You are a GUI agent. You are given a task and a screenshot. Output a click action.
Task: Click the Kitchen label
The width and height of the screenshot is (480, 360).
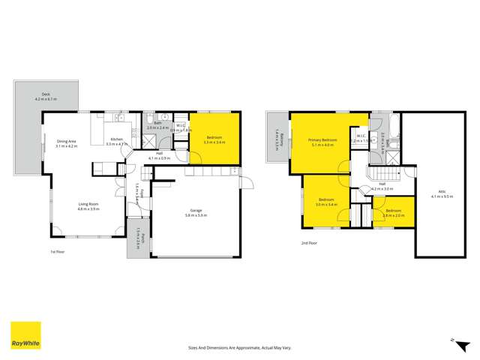pos(117,142)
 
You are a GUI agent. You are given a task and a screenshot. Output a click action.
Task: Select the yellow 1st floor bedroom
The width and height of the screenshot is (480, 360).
pos(214,139)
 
